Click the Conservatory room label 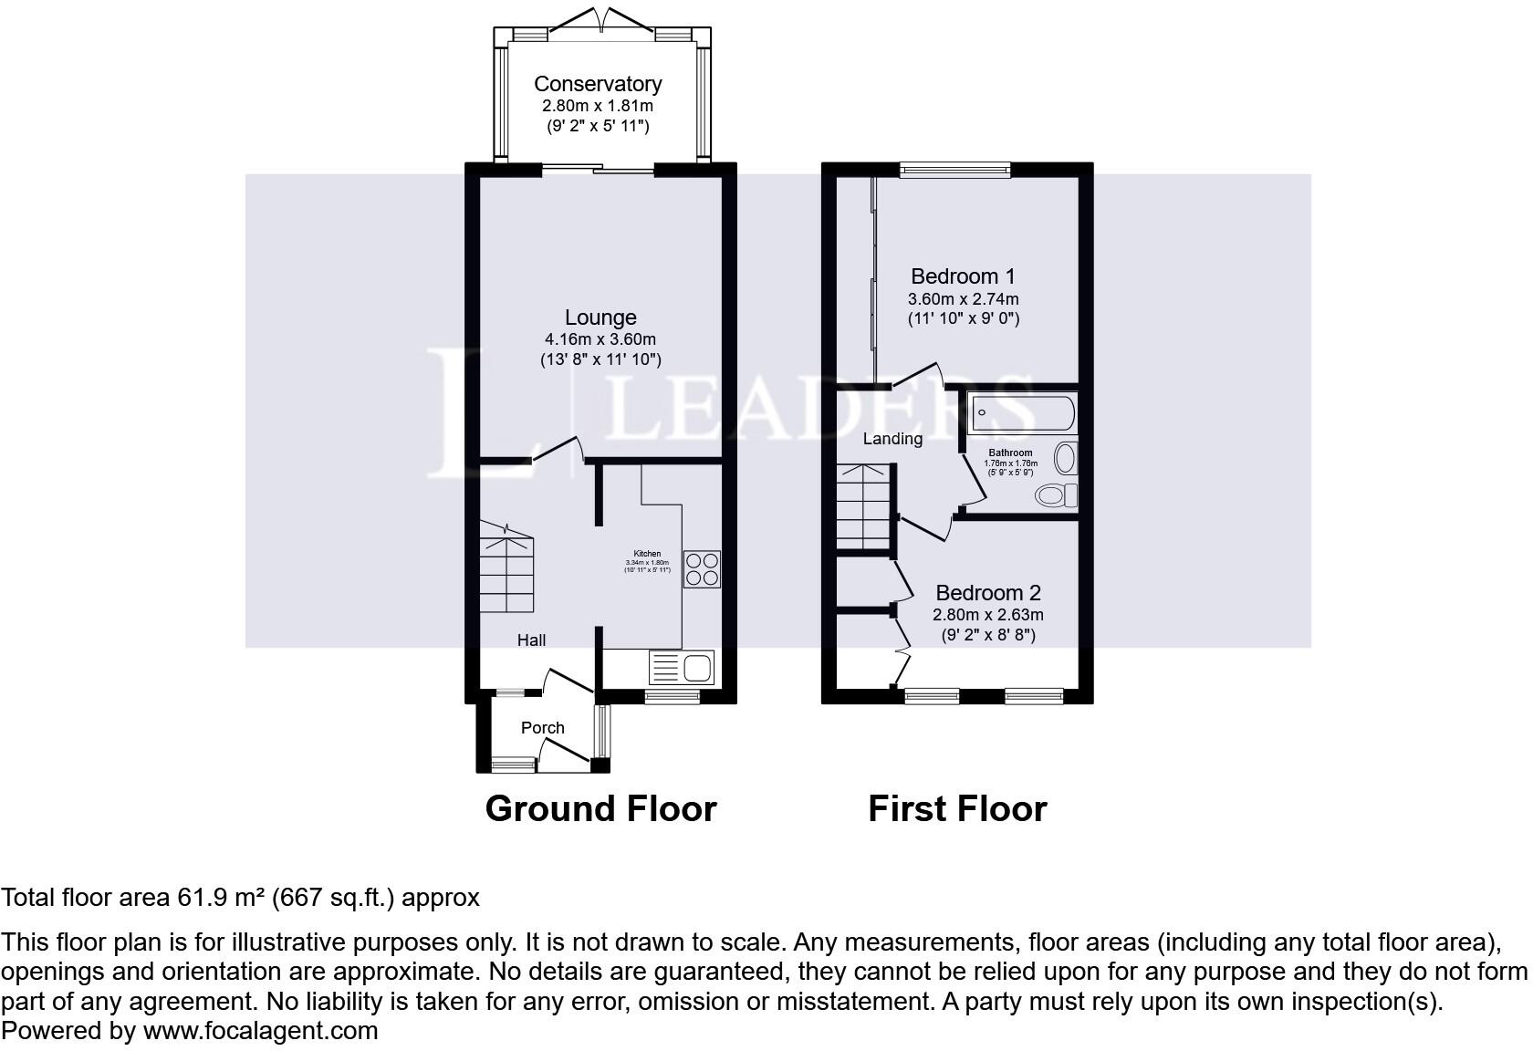pyautogui.click(x=598, y=84)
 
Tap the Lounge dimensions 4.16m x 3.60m pyautogui.click(x=600, y=339)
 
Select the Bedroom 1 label pyautogui.click(x=963, y=276)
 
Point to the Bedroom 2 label pyautogui.click(x=988, y=593)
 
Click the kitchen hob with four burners pyautogui.click(x=702, y=569)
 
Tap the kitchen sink pyautogui.click(x=682, y=668)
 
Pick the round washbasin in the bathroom pyautogui.click(x=1065, y=458)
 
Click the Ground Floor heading pyautogui.click(x=600, y=809)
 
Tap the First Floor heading pyautogui.click(x=957, y=809)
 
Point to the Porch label pyautogui.click(x=542, y=728)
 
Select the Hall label pyautogui.click(x=531, y=640)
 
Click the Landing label pyautogui.click(x=892, y=439)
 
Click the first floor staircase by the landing pyautogui.click(x=863, y=507)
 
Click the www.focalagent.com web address pyautogui.click(x=260, y=1031)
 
